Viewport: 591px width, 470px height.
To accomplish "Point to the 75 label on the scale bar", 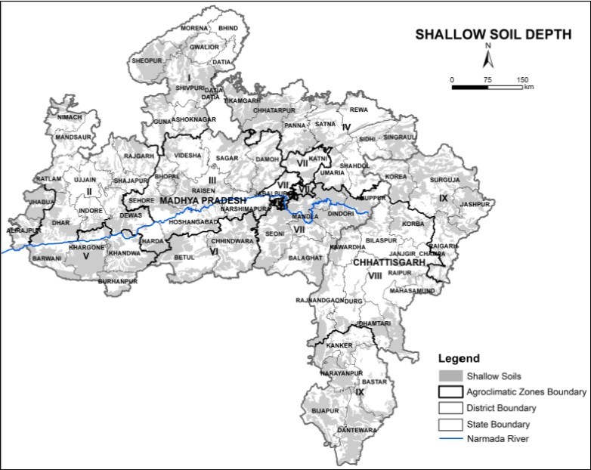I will click(x=487, y=79).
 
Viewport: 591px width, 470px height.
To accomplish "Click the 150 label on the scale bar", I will click(x=522, y=79).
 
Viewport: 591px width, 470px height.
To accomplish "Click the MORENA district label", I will click(x=193, y=28).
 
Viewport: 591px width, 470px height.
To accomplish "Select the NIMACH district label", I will click(x=63, y=118).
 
